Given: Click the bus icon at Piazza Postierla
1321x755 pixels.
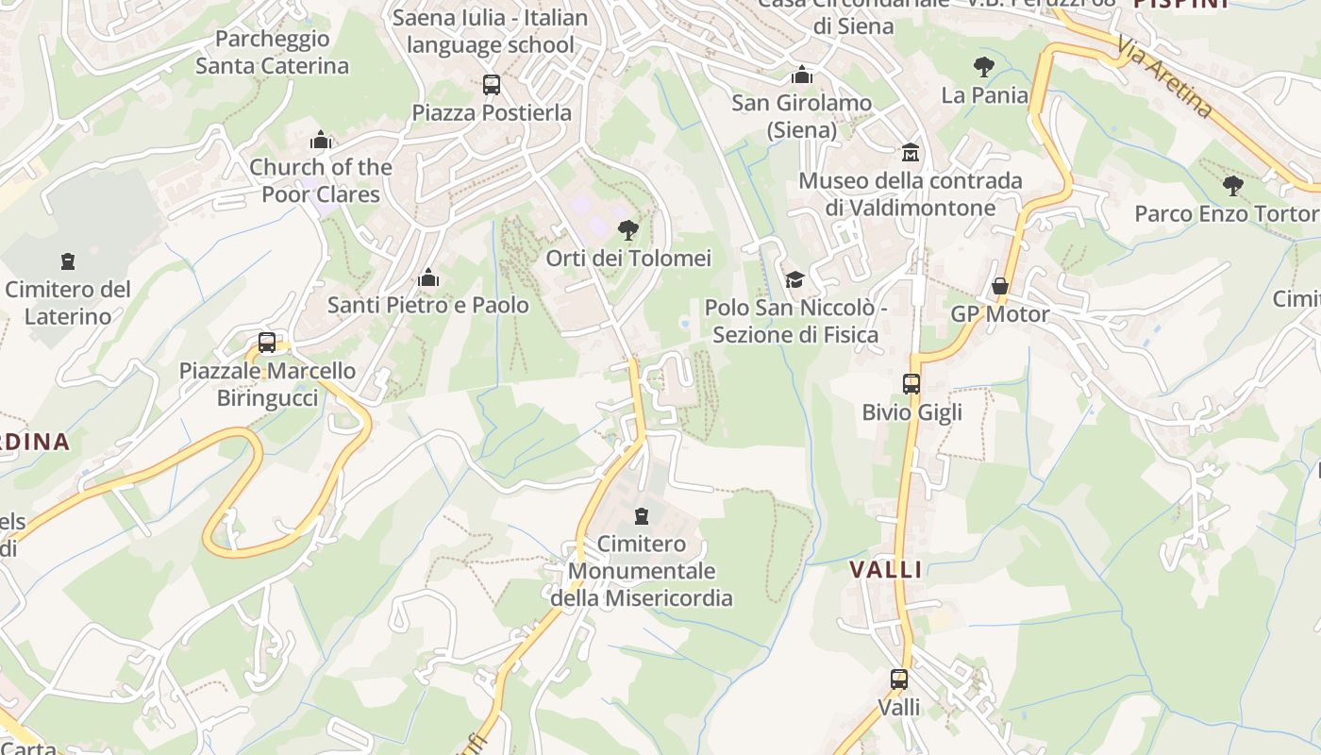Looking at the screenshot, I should tap(492, 85).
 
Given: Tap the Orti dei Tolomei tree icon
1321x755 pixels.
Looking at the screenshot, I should tap(627, 229).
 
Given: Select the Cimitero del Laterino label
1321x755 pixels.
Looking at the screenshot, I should tap(68, 303).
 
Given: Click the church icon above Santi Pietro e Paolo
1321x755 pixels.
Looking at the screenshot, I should tap(428, 277).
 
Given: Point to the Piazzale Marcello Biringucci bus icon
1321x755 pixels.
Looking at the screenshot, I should tap(267, 343).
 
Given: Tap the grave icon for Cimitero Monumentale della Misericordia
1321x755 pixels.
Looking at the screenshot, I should tap(642, 515).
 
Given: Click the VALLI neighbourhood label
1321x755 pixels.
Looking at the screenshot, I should tap(886, 569).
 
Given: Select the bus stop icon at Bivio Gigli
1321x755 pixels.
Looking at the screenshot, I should tap(911, 384).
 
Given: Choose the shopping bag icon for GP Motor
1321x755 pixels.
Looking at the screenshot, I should tap(1000, 286).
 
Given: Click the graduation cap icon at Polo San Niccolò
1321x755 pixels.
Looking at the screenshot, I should tap(794, 279).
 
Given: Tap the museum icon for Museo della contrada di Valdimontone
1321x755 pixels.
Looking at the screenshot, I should tap(911, 152).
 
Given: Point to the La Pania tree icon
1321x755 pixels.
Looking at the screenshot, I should tap(984, 67).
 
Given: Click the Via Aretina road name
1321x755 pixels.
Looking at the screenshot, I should tap(1164, 77).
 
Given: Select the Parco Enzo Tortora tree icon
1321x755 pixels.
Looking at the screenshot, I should tap(1232, 185).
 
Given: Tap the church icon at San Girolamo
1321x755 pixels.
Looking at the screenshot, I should tap(801, 75).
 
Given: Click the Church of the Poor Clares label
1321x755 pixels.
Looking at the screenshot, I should tap(321, 180).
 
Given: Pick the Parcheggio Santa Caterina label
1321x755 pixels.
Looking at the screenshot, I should tap(272, 53).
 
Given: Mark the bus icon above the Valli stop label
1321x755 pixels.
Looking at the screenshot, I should tap(899, 679).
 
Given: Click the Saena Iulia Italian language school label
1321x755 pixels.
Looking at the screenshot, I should tap(490, 31).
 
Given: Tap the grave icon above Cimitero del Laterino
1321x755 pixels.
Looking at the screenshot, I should tap(67, 260).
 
